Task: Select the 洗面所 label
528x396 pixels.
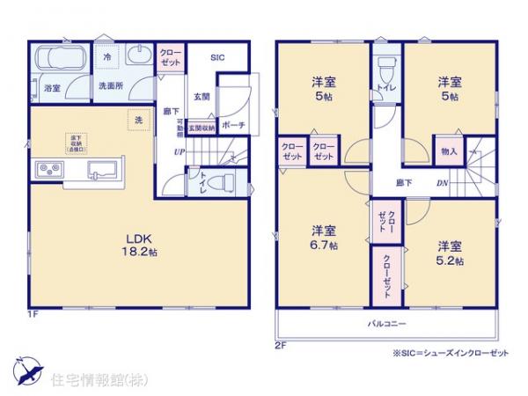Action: pos(109,86)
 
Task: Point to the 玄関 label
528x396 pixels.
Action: pos(202,97)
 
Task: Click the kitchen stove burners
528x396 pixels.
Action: pos(48,168)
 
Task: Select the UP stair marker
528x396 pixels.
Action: pos(179,152)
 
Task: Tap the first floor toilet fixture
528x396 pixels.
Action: pos(224,183)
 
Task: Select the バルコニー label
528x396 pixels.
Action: pos(386,325)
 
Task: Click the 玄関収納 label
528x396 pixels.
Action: pos(201,128)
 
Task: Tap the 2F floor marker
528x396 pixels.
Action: pos(280,346)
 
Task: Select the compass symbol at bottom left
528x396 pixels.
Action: pos(27,369)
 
